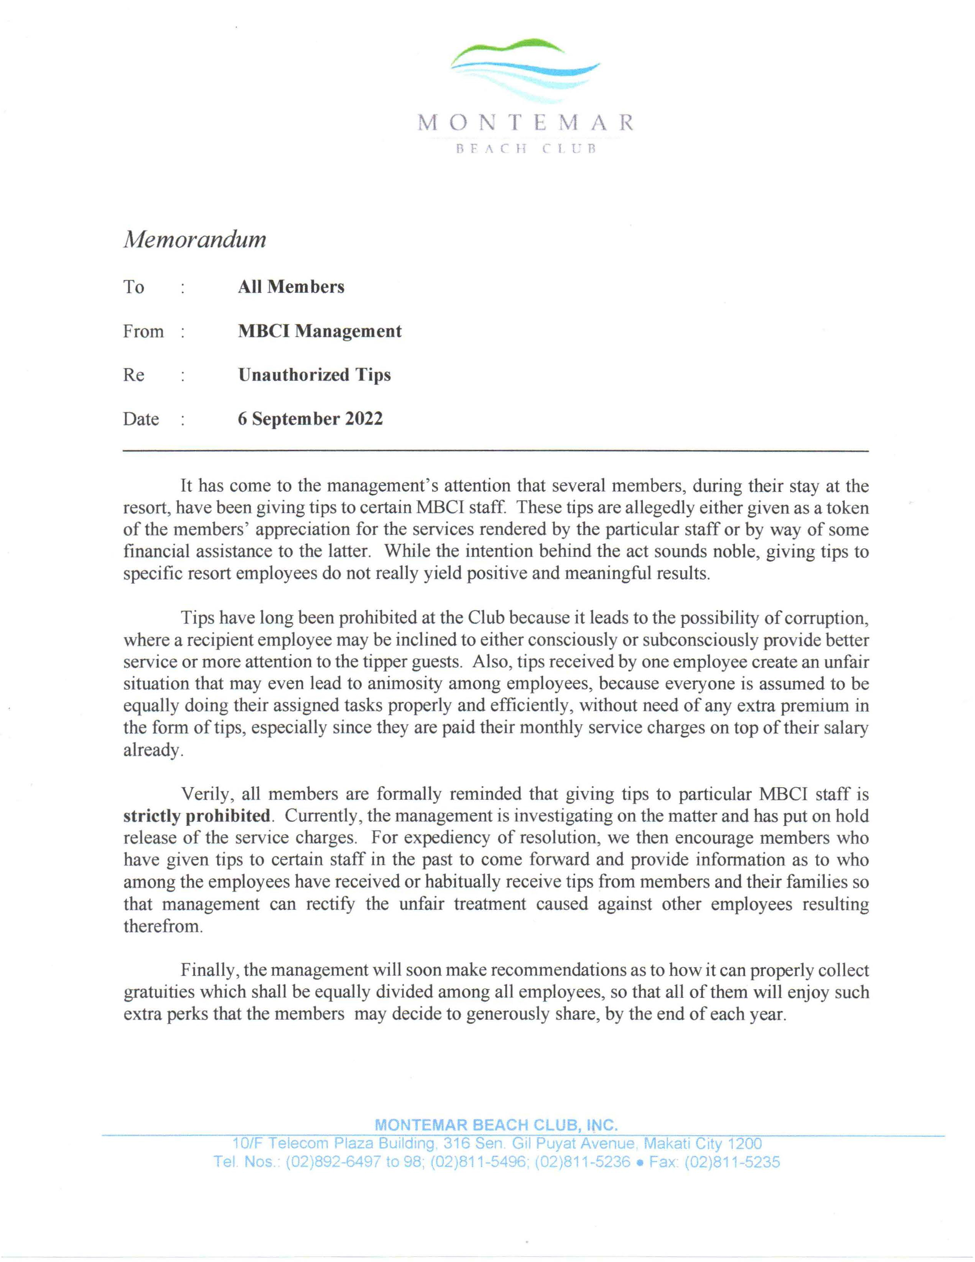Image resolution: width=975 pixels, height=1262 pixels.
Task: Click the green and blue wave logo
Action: pos(525,69)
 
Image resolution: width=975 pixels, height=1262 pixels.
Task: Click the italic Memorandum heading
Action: pos(195,239)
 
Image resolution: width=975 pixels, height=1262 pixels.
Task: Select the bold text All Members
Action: pos(291,287)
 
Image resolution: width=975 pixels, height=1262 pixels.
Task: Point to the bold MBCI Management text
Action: pos(319,331)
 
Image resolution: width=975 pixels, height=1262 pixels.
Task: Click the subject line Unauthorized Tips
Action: pos(314,375)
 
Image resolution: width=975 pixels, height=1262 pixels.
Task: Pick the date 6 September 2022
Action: pos(310,419)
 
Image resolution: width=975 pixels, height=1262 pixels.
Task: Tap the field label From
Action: pos(143,332)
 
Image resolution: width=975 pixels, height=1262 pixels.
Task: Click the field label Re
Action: pos(133,376)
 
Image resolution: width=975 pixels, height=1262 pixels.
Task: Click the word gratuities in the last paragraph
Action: pos(159,992)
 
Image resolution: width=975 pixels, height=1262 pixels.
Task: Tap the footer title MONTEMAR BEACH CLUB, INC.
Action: pos(496,1125)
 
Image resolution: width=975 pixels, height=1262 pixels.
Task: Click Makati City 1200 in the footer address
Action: pos(702,1143)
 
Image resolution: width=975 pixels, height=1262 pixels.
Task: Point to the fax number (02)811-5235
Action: pos(732,1162)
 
